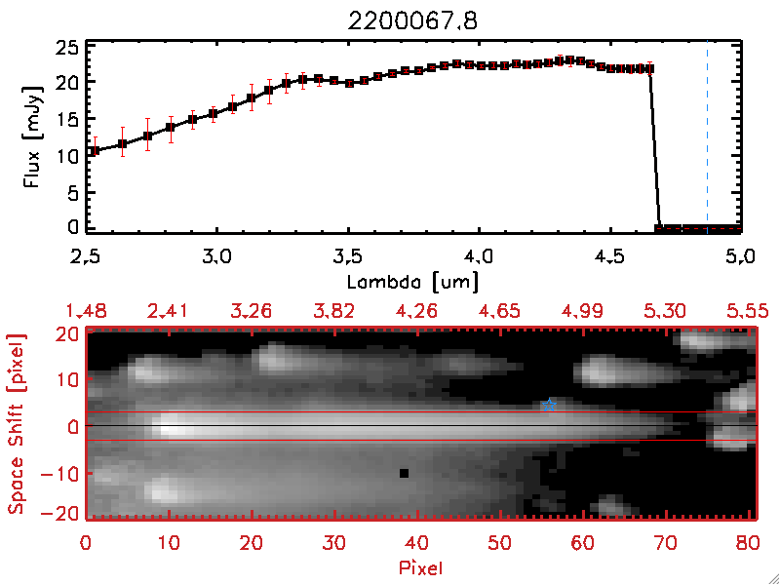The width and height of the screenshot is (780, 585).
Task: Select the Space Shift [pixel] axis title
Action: (16, 424)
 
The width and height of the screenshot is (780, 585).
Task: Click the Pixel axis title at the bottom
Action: (421, 565)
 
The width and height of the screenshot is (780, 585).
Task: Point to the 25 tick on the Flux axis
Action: (68, 47)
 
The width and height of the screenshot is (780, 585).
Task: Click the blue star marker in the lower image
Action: (550, 404)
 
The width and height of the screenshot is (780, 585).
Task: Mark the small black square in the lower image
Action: (403, 473)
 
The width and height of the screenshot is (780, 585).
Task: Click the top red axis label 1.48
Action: (85, 311)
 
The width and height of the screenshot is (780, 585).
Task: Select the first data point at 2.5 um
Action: (94, 151)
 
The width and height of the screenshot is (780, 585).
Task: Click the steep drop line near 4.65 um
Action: (655, 146)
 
